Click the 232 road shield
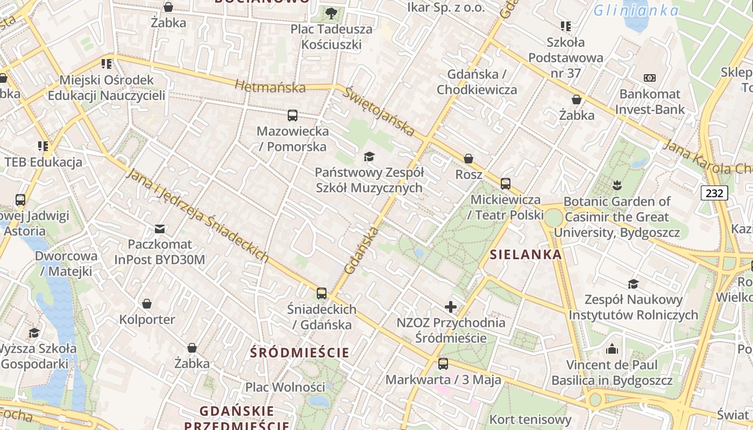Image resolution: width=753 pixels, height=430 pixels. click(x=714, y=193)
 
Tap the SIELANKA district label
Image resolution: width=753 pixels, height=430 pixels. click(x=526, y=254)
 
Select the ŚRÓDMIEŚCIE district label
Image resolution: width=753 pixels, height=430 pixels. click(x=300, y=353)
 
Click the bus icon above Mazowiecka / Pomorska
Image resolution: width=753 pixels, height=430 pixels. click(x=293, y=115)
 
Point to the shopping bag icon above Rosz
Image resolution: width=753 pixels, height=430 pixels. click(x=468, y=159)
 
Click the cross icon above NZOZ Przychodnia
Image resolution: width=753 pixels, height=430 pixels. click(x=451, y=307)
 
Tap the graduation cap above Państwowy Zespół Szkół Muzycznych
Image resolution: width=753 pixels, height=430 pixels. click(x=369, y=156)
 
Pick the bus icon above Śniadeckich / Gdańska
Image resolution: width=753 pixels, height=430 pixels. click(x=322, y=293)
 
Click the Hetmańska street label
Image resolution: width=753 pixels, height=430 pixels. click(x=270, y=86)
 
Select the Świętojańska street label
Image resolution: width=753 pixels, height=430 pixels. click(x=380, y=112)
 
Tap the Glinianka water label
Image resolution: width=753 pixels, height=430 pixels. click(x=636, y=10)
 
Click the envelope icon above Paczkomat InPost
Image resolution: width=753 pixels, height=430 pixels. click(x=160, y=229)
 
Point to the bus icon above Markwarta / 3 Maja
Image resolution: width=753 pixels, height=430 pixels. click(x=443, y=364)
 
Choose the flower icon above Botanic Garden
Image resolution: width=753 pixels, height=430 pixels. click(x=617, y=185)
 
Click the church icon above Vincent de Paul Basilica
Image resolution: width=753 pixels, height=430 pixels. click(x=612, y=349)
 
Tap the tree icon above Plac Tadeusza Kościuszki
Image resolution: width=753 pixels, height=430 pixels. click(x=331, y=13)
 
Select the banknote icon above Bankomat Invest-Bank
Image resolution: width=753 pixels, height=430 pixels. click(x=650, y=78)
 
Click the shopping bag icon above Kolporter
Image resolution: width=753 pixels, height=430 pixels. click(x=147, y=304)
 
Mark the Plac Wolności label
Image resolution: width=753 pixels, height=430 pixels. click(x=285, y=387)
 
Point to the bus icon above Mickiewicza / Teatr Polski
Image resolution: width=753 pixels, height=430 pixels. click(x=506, y=184)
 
